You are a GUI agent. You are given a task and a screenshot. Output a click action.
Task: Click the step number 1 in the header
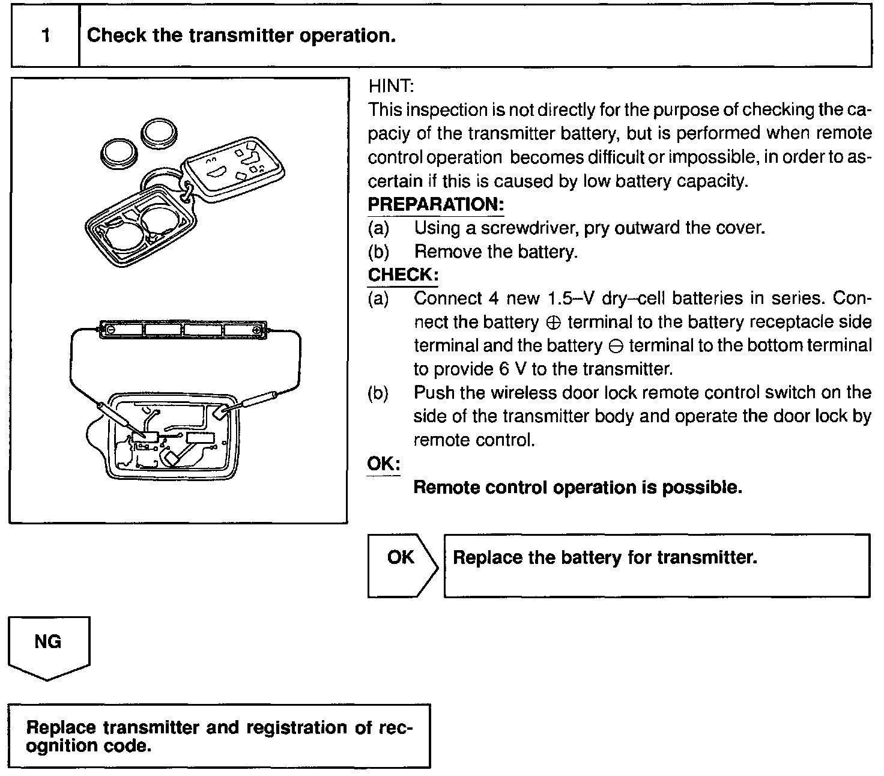[x=46, y=36]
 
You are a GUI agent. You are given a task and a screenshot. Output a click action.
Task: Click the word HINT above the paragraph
[x=391, y=86]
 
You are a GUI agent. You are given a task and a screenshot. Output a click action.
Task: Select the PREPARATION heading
[x=435, y=204]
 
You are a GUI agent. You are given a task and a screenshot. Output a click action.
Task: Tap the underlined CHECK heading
[x=402, y=275]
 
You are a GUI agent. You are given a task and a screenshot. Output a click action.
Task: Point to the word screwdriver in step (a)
[x=529, y=228]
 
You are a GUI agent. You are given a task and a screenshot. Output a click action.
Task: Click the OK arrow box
[x=402, y=565]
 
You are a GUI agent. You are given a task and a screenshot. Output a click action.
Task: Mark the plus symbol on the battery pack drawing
[x=256, y=330]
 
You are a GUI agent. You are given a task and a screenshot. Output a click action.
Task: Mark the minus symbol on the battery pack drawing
[x=110, y=330]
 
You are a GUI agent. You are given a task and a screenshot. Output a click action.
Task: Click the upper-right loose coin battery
[x=159, y=133]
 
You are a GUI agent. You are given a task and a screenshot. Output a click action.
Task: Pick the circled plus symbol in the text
[x=554, y=323]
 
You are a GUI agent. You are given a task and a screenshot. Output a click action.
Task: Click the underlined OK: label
[x=383, y=464]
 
